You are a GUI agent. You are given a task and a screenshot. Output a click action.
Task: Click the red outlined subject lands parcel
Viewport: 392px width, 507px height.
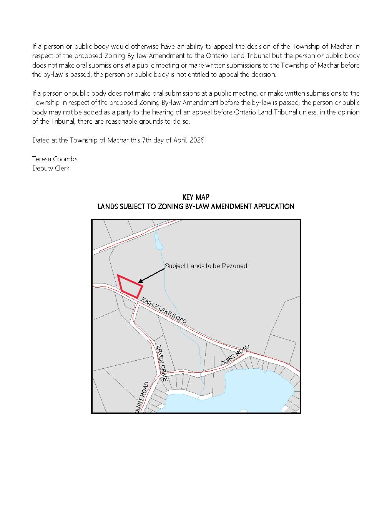click(130, 286)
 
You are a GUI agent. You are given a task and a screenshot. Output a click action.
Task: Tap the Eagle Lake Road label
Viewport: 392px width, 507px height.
click(164, 310)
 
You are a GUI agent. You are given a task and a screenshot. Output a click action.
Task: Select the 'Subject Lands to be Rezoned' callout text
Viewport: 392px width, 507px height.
click(206, 266)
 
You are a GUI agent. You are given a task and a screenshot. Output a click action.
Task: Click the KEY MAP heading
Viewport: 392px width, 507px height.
click(196, 197)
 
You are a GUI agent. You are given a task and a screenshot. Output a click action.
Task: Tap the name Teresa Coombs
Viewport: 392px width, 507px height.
click(55, 159)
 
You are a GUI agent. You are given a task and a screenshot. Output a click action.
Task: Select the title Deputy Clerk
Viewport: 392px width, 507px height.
click(51, 168)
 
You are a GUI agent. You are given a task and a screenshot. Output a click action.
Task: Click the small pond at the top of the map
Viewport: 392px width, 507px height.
click(158, 241)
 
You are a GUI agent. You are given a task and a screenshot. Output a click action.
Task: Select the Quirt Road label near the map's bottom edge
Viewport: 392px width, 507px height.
click(141, 398)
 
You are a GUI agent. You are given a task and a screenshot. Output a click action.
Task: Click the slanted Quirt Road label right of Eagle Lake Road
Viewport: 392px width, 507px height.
click(235, 355)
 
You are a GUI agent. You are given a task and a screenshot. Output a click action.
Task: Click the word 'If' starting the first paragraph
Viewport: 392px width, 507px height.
click(34, 46)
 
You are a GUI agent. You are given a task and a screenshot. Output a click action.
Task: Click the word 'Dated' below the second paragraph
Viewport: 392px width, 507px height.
click(41, 140)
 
